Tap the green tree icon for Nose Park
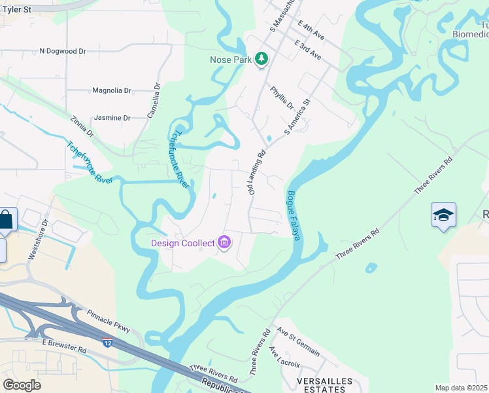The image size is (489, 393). coord(261,60)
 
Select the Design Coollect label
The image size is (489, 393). coord(183,243)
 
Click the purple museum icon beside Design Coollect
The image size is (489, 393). coord(224,243)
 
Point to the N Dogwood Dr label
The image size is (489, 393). coord(63,50)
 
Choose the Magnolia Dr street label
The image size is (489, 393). coord(112,91)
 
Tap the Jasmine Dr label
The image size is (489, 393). coord(112,118)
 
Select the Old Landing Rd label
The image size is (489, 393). coord(256,172)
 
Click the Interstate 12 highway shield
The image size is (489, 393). coord(107,342)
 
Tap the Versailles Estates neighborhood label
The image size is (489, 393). coord(324,385)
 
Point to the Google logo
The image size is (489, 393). coord(22,385)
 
